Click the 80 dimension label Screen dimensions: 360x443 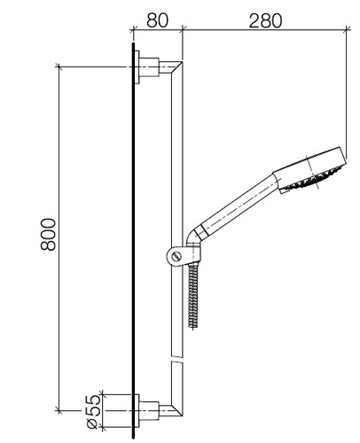click(x=157, y=20)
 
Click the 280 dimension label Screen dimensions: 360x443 click(x=265, y=20)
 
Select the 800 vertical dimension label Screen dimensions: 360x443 click(x=48, y=235)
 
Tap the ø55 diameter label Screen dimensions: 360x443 click(x=93, y=412)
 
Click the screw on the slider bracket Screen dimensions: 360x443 click(x=177, y=256)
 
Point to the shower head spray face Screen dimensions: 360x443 click(x=312, y=179)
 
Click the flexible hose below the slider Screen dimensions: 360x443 click(x=193, y=294)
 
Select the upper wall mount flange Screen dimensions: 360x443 click(x=137, y=67)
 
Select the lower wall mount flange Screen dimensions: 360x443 click(x=137, y=411)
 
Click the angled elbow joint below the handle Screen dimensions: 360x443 click(x=194, y=237)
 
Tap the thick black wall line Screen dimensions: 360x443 click(x=133, y=240)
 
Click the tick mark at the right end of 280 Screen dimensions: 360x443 click(x=347, y=28)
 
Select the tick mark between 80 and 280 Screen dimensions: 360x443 click(x=183, y=28)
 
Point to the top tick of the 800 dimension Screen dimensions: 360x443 click(x=59, y=67)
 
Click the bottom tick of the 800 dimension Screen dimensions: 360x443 click(x=59, y=410)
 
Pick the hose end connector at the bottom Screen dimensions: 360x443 click(x=193, y=324)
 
